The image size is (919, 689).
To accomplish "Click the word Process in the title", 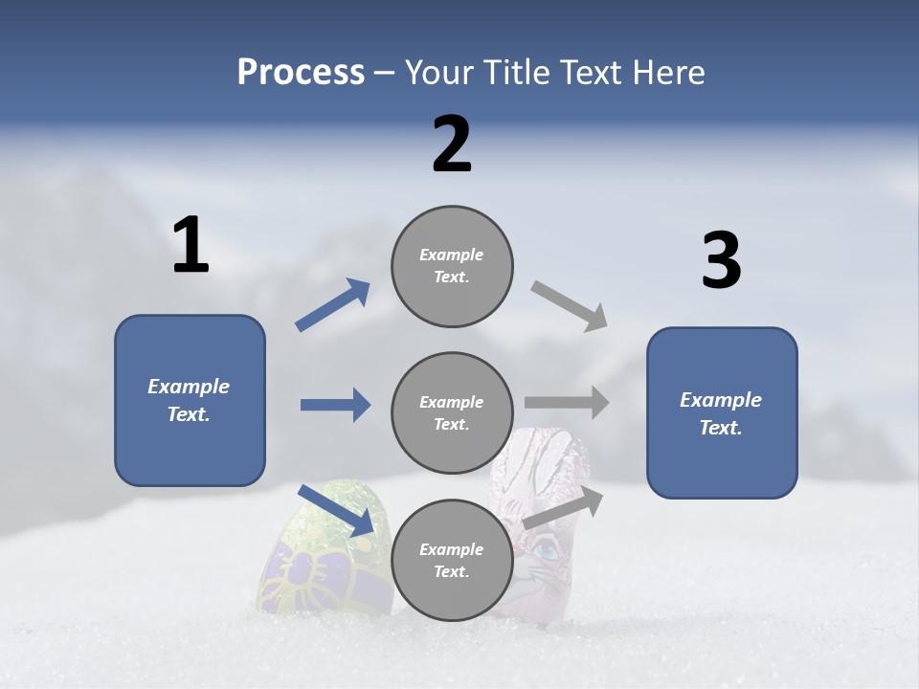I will click(x=301, y=73).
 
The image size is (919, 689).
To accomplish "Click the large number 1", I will click(x=191, y=245).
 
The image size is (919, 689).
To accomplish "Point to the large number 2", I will click(x=452, y=144).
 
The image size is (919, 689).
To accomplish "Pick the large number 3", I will click(x=721, y=261).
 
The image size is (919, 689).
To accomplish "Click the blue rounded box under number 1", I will click(x=190, y=400).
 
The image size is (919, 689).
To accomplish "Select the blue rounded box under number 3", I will click(x=722, y=412).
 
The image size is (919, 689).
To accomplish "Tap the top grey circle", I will click(x=452, y=266).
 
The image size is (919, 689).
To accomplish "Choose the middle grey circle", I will click(x=452, y=412).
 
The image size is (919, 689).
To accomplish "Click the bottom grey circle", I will click(x=452, y=560).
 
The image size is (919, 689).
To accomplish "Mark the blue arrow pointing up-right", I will click(x=333, y=305).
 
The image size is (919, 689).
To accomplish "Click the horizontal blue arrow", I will click(x=335, y=405).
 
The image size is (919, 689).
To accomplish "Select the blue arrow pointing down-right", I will click(x=336, y=510).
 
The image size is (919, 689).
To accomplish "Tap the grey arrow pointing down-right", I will click(x=570, y=305).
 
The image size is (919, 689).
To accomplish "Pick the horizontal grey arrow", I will click(x=566, y=403).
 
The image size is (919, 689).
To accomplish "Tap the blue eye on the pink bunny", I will click(x=547, y=550).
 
